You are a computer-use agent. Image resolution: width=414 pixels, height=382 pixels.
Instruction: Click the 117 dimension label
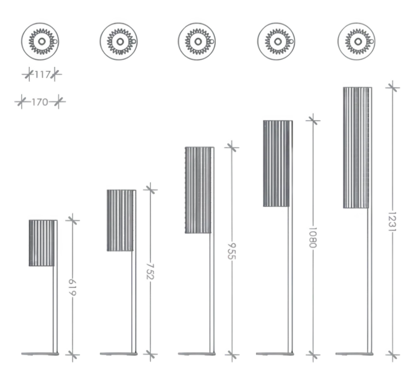click(x=43, y=75)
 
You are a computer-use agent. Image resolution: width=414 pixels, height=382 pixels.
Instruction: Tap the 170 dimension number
click(x=40, y=102)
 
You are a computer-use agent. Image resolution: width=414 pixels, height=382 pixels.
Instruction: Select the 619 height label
click(x=72, y=288)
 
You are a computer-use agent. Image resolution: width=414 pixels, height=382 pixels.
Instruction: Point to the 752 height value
click(x=150, y=271)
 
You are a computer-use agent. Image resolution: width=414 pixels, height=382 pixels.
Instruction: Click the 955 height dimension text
click(x=231, y=251)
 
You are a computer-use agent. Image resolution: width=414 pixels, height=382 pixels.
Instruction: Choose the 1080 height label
click(x=313, y=237)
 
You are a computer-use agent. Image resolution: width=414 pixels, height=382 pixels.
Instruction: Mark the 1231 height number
click(x=392, y=221)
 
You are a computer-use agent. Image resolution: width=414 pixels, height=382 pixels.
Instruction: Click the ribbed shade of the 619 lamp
click(x=42, y=243)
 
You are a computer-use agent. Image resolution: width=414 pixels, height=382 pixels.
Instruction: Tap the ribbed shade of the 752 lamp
click(x=120, y=220)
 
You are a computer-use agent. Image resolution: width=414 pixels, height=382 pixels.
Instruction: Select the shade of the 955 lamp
click(x=198, y=190)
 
